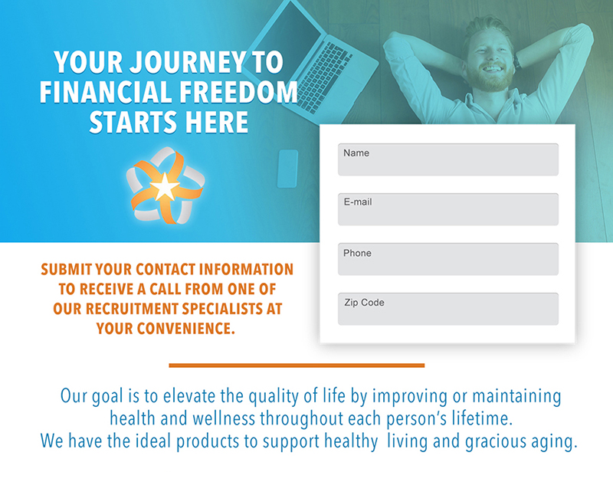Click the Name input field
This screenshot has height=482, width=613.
tap(448, 159)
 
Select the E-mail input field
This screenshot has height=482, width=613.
tap(448, 209)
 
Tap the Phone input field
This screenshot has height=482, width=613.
tap(448, 259)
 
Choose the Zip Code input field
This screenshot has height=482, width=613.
tap(448, 309)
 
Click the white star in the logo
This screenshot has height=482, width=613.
tap(165, 187)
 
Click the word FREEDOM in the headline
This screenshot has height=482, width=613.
tap(238, 92)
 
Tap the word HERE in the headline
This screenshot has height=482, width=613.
tap(217, 122)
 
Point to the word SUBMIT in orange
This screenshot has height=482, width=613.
tap(67, 269)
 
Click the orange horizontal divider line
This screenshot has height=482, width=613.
tap(297, 366)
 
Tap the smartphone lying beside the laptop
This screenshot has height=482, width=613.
tap(287, 169)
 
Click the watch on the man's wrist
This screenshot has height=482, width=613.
tap(516, 61)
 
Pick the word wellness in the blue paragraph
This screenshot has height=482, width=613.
tap(224, 418)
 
